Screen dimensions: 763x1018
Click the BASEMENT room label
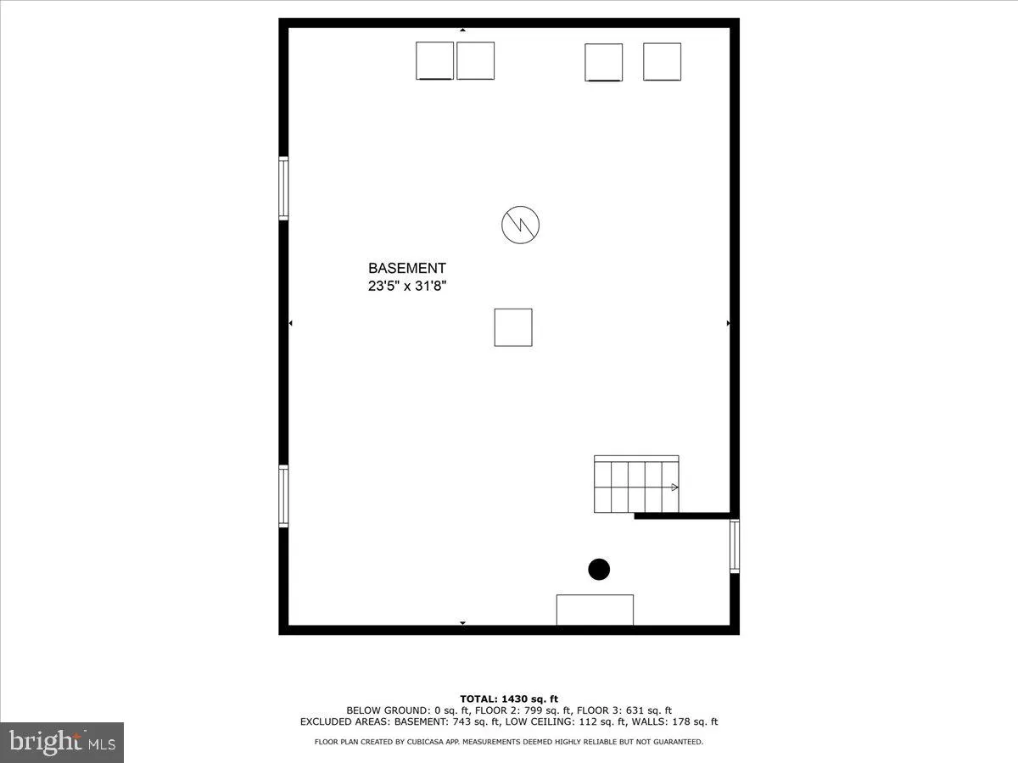(x=406, y=268)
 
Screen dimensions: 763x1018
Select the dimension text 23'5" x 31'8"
(x=406, y=287)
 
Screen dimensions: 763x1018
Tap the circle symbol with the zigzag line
(x=520, y=225)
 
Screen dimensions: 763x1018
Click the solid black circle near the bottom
(x=599, y=570)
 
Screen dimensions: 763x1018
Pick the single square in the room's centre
(x=513, y=327)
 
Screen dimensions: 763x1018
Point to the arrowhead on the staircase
(x=674, y=487)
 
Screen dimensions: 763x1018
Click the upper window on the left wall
(x=283, y=188)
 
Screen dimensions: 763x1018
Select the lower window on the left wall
(x=283, y=496)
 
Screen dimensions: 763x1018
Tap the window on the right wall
(x=735, y=547)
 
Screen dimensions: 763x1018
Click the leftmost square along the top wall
(x=434, y=61)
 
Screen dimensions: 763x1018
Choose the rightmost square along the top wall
(x=662, y=61)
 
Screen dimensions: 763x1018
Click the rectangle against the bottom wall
(x=595, y=610)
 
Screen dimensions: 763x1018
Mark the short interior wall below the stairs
(x=682, y=515)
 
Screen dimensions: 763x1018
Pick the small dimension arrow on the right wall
(x=728, y=323)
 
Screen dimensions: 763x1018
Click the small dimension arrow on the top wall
(x=462, y=30)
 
